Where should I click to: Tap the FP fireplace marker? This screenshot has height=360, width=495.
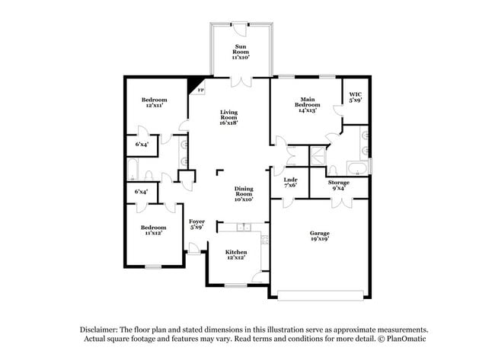coord(201,91)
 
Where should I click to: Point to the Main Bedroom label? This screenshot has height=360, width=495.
coord(308,104)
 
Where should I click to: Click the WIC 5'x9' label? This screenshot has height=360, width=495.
coord(355,97)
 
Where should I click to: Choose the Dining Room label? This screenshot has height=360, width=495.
coord(243,193)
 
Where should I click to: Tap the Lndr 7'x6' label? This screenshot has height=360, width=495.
coord(290,183)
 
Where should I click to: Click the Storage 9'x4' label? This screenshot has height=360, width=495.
coord(339,185)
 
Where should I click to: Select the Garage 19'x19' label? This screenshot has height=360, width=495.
coord(318,236)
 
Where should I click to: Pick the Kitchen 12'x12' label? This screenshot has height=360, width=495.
coord(236,255)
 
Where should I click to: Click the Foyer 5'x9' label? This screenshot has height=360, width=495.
coord(197,224)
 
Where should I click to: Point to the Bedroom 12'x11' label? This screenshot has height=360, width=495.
coord(154,104)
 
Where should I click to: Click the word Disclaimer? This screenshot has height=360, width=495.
coord(98,329)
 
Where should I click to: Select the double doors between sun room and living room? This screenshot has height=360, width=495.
coord(241,78)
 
